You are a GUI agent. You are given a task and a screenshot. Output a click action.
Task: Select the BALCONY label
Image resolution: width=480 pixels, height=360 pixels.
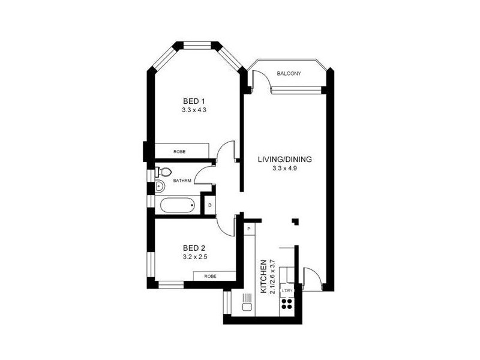pos(289,74)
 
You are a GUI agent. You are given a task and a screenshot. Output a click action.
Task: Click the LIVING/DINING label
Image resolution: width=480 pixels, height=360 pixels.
pos(285,160)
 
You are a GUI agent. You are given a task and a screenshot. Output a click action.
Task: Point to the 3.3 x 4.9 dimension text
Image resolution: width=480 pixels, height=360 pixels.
pos(285,169)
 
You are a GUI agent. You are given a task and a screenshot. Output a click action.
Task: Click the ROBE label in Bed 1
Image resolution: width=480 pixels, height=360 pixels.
pos(179,152)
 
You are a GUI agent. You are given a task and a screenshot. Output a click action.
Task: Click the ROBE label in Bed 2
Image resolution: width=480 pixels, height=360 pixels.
pos(210,276)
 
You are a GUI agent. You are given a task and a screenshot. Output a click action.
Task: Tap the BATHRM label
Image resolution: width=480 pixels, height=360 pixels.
pos(182,180)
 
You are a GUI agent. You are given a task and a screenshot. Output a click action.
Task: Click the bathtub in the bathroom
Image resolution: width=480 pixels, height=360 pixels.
pos(178,206)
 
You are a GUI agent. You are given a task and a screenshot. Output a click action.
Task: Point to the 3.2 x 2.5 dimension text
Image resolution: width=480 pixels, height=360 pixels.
pos(195,257)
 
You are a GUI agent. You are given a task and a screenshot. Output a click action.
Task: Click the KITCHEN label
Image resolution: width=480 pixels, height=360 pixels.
pos(262,277)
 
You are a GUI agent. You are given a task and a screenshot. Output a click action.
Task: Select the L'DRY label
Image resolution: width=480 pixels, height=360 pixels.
pos(288,290)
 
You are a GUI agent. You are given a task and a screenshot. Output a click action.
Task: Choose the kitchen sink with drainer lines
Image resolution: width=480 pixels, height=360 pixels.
pos(246,303)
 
